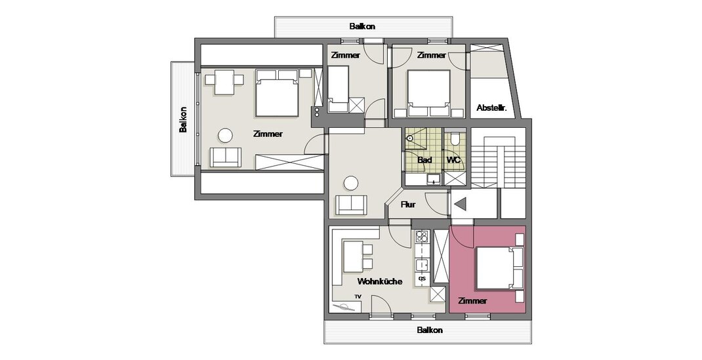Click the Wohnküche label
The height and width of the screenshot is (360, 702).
[380, 281]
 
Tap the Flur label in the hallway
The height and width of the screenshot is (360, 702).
[408, 205]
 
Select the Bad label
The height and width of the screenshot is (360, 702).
[424, 159]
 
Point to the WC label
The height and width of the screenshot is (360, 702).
[453, 159]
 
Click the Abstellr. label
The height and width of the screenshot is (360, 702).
[491, 108]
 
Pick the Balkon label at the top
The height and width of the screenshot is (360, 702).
[362, 26]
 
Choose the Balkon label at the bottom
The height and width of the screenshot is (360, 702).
[430, 330]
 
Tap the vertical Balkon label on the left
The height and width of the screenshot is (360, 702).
[183, 119]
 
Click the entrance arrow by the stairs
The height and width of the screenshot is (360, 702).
[461, 205]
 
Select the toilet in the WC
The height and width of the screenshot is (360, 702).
[455, 138]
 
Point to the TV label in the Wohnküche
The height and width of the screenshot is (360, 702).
[358, 296]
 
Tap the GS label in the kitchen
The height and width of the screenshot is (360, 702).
[422, 279]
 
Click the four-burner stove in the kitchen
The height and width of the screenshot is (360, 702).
[422, 236]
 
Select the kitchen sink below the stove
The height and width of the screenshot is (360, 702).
[422, 266]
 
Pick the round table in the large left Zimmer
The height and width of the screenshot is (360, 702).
[225, 136]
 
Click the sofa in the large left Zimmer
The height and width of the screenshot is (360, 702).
[226, 157]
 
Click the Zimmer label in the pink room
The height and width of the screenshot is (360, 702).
[473, 301]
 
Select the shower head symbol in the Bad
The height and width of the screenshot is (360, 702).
[409, 138]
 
